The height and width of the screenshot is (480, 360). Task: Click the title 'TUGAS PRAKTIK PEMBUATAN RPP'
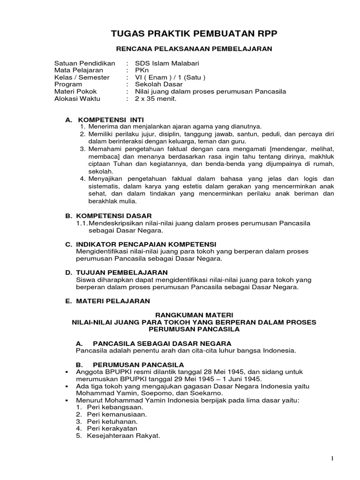(x=194, y=34)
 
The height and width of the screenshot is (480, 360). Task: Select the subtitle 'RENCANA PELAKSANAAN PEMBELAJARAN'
(x=194, y=49)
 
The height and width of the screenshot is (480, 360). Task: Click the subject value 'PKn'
(x=141, y=70)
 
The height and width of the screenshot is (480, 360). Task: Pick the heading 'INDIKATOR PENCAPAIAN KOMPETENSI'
(x=146, y=244)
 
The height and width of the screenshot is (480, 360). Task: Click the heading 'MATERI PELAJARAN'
(x=113, y=300)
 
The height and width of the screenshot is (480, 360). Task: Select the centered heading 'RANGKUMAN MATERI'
(x=194, y=315)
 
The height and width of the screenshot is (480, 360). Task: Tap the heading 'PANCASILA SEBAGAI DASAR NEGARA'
(x=162, y=343)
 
